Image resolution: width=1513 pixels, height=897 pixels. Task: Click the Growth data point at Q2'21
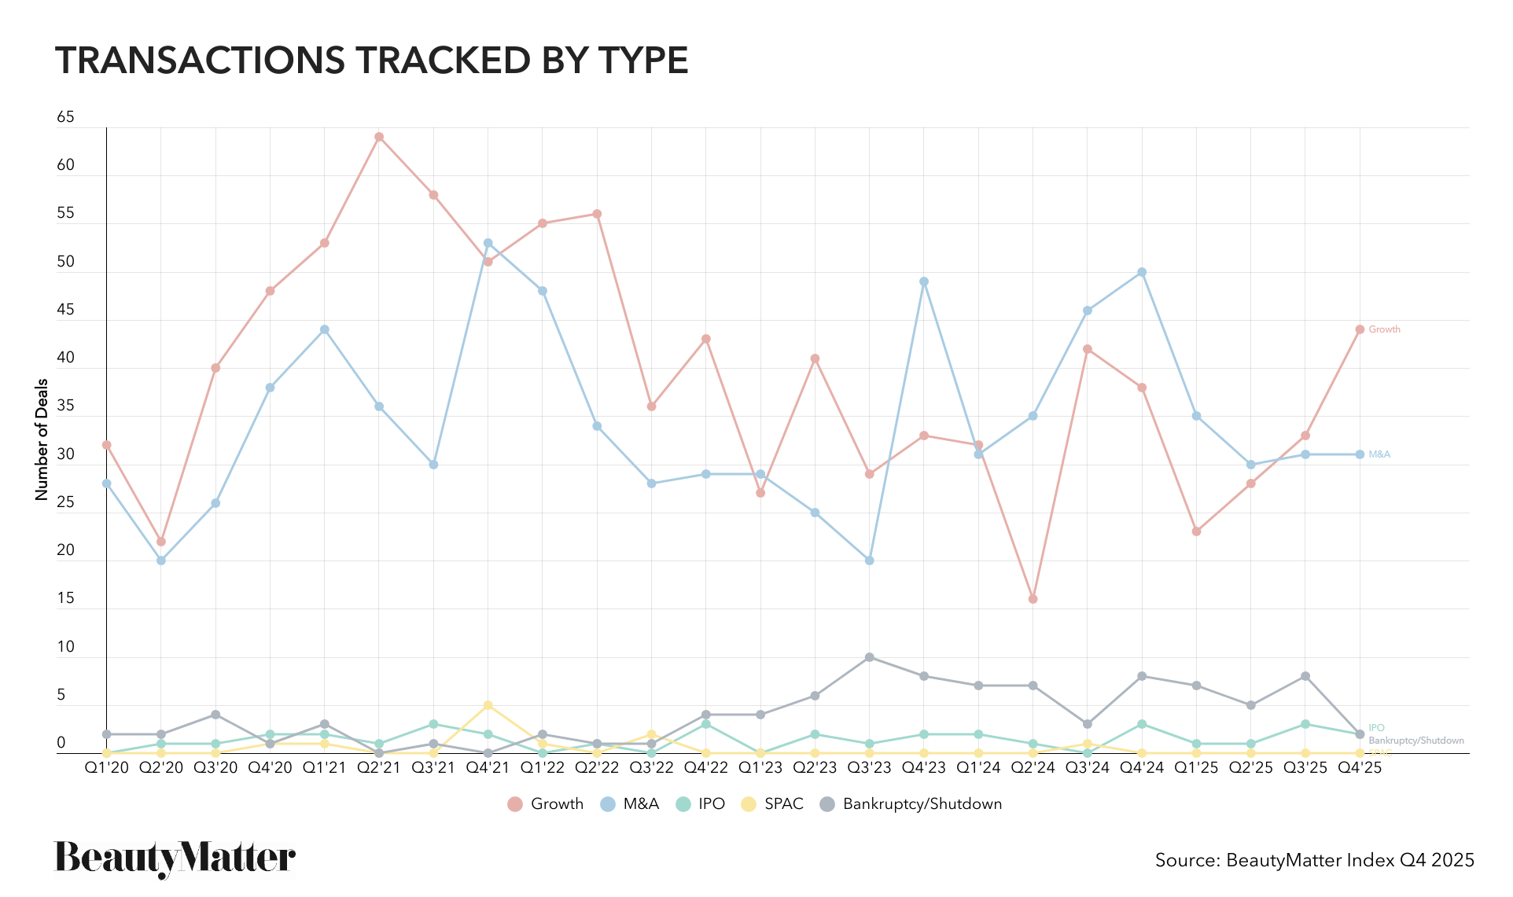[x=379, y=137]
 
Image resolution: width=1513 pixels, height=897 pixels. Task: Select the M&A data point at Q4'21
[x=488, y=243]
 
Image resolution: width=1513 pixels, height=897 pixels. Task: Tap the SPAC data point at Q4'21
[x=488, y=705]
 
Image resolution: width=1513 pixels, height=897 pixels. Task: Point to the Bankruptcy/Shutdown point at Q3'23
[x=870, y=657]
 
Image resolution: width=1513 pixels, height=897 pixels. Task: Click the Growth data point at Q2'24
[x=1033, y=599]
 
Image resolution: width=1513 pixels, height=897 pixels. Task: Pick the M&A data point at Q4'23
[x=924, y=281]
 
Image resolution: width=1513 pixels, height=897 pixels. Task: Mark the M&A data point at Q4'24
[x=1142, y=272]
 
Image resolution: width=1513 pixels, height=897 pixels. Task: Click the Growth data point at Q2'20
[x=161, y=542]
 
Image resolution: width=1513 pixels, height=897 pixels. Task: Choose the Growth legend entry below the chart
[x=546, y=804]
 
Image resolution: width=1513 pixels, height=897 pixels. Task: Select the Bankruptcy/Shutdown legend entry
[x=911, y=804]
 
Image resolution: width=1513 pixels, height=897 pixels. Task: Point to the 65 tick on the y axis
[x=66, y=117]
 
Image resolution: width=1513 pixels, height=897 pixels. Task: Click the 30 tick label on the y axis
[x=66, y=454]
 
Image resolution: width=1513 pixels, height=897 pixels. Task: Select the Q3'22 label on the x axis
[x=651, y=768]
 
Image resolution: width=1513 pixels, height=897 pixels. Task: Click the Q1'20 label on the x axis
[x=107, y=768]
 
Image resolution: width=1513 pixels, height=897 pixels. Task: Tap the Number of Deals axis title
[x=42, y=439]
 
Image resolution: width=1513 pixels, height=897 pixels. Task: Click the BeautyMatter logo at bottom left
[x=175, y=858]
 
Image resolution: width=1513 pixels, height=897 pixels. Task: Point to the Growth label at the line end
[x=1384, y=329]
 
